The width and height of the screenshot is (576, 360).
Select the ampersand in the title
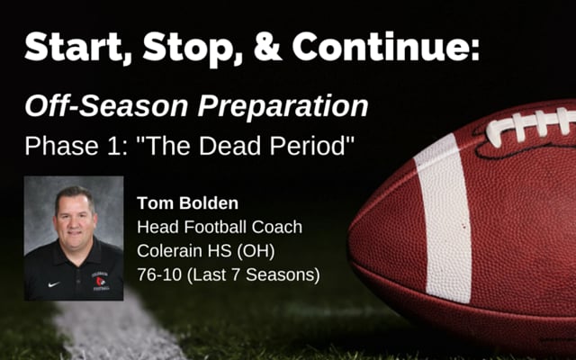click(x=268, y=47)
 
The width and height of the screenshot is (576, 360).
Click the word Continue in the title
click(x=385, y=46)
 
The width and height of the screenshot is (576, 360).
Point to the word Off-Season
click(x=106, y=106)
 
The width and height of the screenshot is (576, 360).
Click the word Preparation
click(x=283, y=107)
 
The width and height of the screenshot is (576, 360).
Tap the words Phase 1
click(x=76, y=146)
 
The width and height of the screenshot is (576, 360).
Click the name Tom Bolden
click(x=187, y=203)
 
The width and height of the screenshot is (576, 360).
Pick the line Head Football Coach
click(x=220, y=227)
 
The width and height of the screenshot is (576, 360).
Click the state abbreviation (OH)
click(x=256, y=251)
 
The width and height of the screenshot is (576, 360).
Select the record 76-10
click(x=159, y=274)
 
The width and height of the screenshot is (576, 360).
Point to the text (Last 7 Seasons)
click(x=254, y=275)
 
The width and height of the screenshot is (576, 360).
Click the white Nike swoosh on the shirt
click(x=54, y=284)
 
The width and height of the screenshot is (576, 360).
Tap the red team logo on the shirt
click(x=100, y=282)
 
